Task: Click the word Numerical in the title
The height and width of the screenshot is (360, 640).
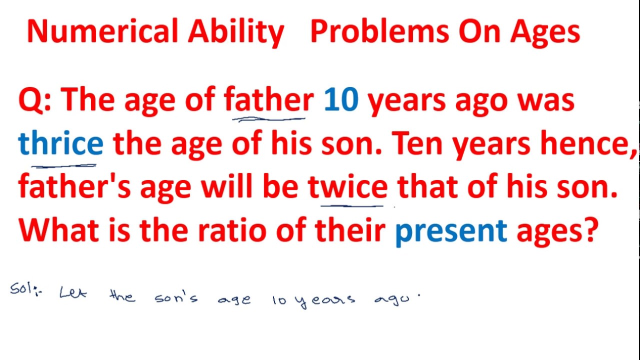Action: [x=102, y=32]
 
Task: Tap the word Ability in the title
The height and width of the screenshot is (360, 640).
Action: [x=236, y=32]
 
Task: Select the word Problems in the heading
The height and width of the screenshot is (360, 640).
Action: [x=379, y=32]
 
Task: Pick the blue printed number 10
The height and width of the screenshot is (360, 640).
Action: [x=341, y=100]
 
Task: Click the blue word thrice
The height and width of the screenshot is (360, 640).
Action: [x=60, y=143]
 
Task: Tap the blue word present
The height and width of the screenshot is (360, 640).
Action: [x=451, y=231]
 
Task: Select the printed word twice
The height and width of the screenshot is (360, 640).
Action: [x=348, y=187]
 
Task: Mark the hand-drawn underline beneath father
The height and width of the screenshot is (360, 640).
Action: [x=269, y=119]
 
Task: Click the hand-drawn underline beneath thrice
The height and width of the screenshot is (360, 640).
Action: [x=63, y=164]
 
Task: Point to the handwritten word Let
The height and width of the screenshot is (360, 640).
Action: [x=73, y=293]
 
